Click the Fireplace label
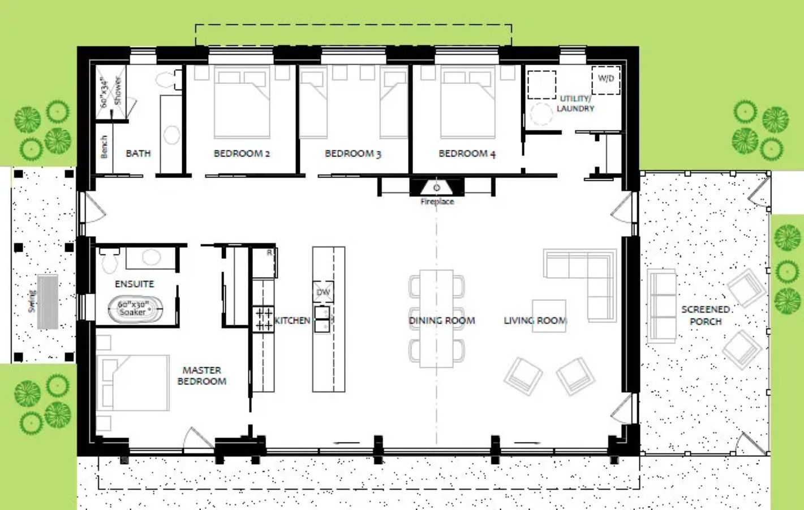coord(437,202)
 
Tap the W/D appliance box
coord(606,80)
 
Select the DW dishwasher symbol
coord(324,291)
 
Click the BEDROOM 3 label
coord(353,154)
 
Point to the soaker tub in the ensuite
coord(135,309)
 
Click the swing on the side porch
coord(48,302)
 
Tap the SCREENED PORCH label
coord(706,315)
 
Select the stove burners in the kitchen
coord(263,319)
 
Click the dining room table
coord(436,319)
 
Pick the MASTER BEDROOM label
coord(202,376)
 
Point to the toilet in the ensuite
coord(109,260)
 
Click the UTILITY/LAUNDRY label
coord(575,104)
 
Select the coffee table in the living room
coord(549,316)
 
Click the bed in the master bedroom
coord(133,382)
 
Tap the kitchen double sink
coord(322,319)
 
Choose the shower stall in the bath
coord(111,92)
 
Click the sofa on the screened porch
coord(662,306)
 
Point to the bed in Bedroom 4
coord(468,102)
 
